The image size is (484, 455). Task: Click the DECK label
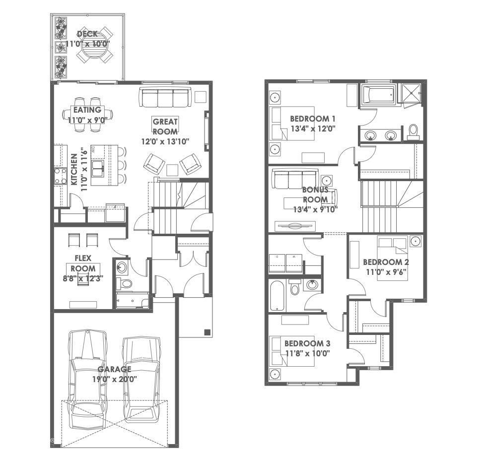(x=87, y=34)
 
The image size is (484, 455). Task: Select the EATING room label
(x=87, y=110)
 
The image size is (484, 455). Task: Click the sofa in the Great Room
(x=164, y=97)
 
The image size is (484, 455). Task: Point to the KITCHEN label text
(x=74, y=169)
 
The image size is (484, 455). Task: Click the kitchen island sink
(x=98, y=168)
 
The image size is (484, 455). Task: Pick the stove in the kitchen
(x=60, y=176)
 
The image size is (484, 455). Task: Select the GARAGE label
(x=115, y=369)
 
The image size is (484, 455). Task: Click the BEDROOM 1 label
(x=313, y=119)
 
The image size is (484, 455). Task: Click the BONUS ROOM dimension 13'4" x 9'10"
(x=315, y=209)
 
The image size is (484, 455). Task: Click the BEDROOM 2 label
(x=386, y=262)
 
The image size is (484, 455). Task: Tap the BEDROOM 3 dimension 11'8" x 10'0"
(x=307, y=353)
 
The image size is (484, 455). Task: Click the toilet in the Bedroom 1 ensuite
(x=413, y=131)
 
